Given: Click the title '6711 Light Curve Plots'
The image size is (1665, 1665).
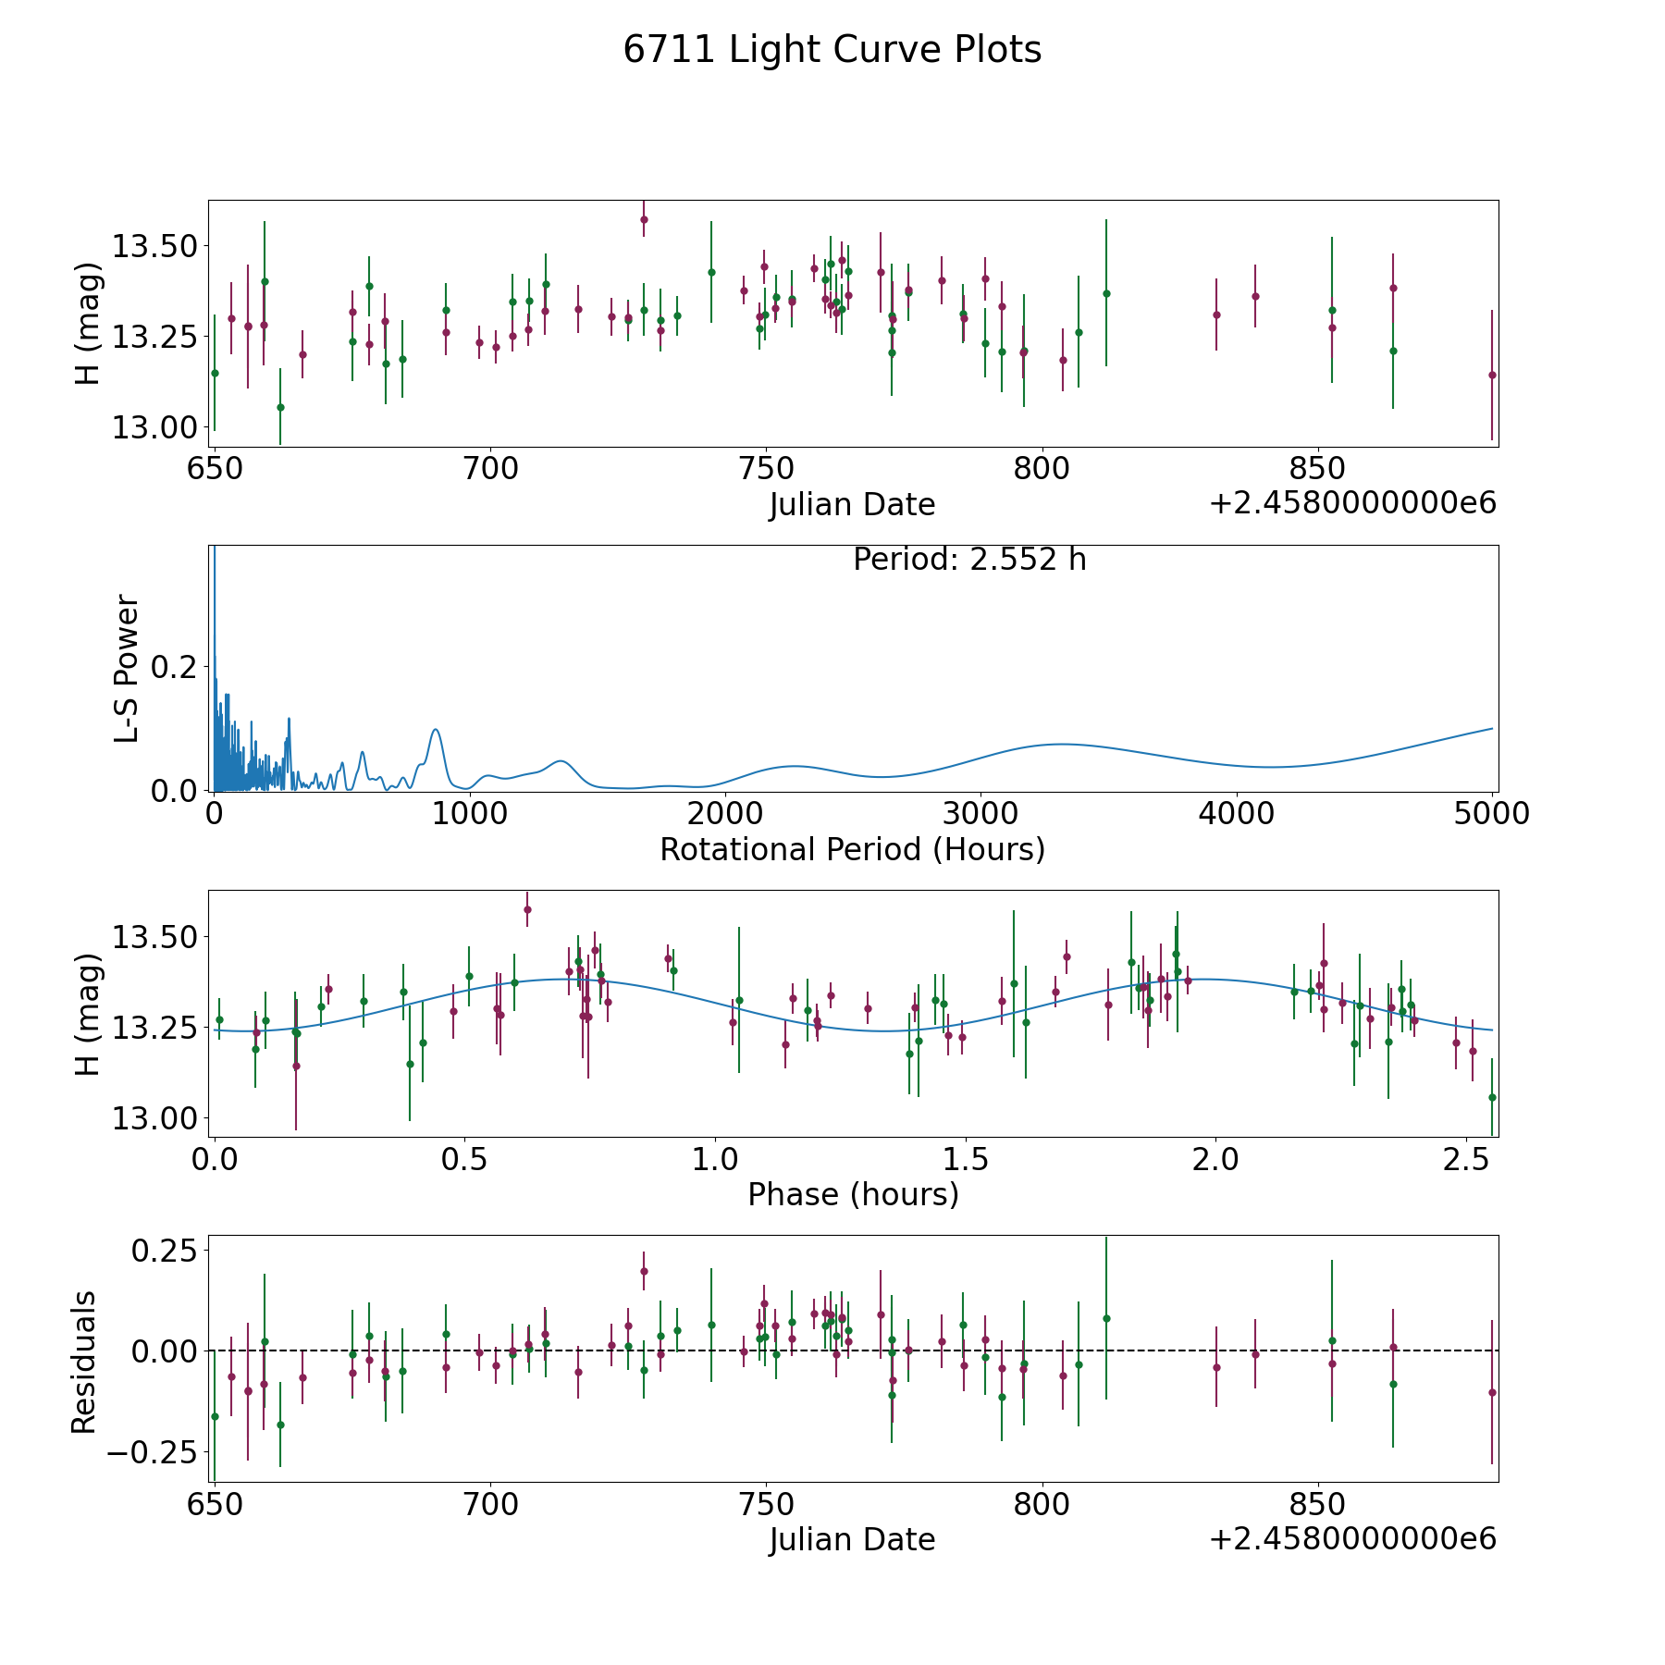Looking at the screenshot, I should click(x=832, y=50).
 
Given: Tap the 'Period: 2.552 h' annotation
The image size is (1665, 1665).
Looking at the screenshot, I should click(x=969, y=560).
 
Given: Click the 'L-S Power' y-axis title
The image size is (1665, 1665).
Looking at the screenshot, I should click(x=127, y=669).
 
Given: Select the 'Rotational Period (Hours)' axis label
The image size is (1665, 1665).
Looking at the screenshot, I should click(x=852, y=849).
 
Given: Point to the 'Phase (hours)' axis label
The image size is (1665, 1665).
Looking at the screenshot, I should click(x=853, y=1194).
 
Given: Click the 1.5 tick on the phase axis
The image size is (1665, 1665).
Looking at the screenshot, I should click(x=966, y=1159).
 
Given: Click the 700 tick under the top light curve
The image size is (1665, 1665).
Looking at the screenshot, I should click(x=490, y=468).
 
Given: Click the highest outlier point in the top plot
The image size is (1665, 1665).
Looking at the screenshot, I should click(x=644, y=220).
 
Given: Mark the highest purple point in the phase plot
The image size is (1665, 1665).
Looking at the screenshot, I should click(x=527, y=909).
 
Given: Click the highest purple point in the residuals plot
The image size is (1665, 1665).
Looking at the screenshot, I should click(x=644, y=1271).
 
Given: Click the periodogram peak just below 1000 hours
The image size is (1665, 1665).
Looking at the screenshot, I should click(x=435, y=730).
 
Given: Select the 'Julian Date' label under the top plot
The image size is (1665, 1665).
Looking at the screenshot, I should click(x=852, y=505).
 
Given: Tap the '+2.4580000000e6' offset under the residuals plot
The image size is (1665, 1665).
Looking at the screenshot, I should click(x=1352, y=1538).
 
